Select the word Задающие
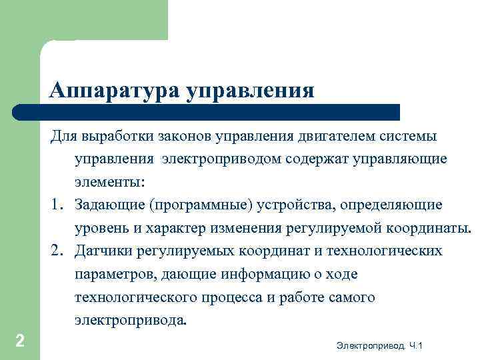pos(111,205)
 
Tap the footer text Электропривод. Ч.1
pos(380,345)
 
